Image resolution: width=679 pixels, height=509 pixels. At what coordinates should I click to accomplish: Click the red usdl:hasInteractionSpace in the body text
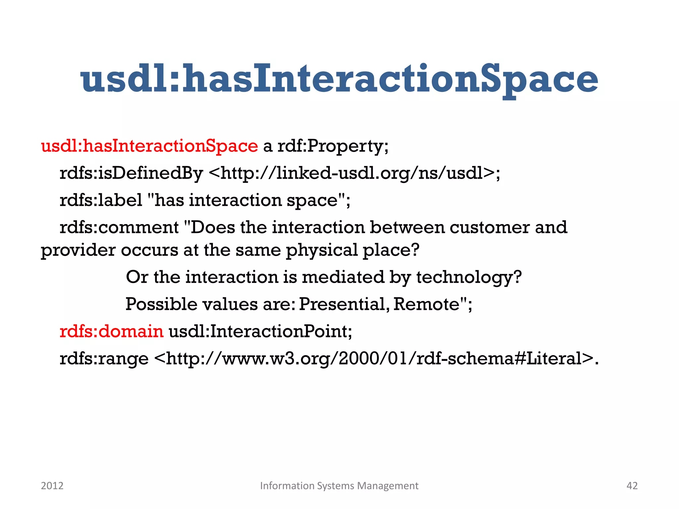pyautogui.click(x=149, y=146)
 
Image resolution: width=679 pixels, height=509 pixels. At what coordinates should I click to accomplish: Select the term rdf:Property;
pyautogui.click(x=333, y=146)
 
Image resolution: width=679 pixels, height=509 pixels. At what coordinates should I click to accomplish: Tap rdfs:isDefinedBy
pyautogui.click(x=131, y=173)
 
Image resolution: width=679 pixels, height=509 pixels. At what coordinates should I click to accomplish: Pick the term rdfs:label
pyautogui.click(x=101, y=200)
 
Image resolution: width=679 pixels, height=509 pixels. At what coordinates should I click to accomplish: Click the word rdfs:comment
pyautogui.click(x=119, y=227)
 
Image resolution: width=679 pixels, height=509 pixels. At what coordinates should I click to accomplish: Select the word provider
pyautogui.click(x=78, y=250)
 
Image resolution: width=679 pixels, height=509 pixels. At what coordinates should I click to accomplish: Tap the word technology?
pyautogui.click(x=468, y=277)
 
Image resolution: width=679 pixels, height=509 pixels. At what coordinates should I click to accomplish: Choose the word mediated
pyautogui.click(x=342, y=277)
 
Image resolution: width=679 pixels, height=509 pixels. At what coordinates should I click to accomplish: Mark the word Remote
pyautogui.click(x=426, y=304)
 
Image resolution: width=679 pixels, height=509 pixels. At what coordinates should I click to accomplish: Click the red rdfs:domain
pyautogui.click(x=111, y=331)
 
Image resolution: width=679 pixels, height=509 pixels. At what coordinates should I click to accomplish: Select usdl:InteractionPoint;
pyautogui.click(x=260, y=331)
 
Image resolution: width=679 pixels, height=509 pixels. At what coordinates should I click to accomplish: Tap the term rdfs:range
pyautogui.click(x=104, y=359)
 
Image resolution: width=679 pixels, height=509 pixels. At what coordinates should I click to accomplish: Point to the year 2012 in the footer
pyautogui.click(x=52, y=486)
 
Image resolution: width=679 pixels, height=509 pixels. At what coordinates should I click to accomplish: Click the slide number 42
pyautogui.click(x=632, y=486)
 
